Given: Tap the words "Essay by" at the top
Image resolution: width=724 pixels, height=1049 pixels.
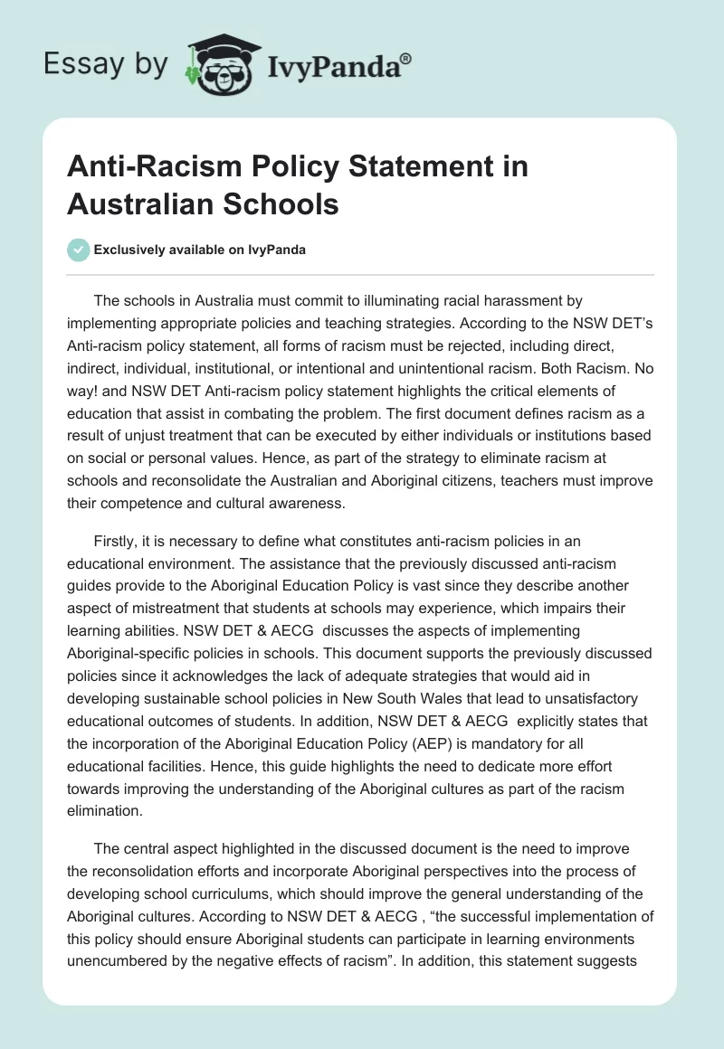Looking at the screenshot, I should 105,65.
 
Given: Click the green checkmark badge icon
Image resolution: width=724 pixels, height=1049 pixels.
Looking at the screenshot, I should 79,250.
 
